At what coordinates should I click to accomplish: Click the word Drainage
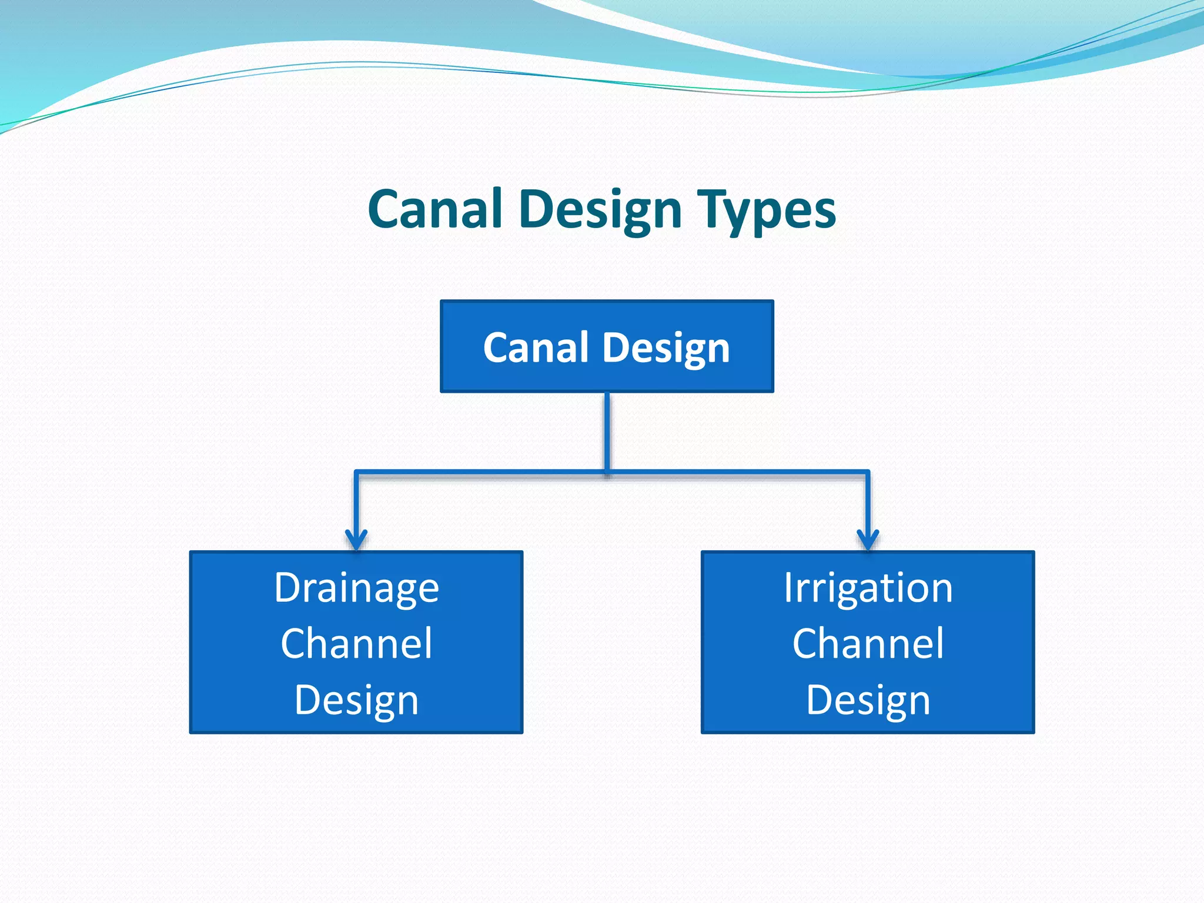[x=356, y=588]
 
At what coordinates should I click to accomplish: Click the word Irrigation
[x=868, y=588]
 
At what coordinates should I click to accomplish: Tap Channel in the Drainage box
[x=356, y=643]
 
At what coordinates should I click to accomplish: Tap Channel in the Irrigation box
[x=868, y=643]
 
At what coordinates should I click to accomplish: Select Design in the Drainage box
[x=356, y=700]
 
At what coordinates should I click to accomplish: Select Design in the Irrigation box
[x=868, y=700]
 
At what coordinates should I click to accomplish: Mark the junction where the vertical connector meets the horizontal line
[x=607, y=471]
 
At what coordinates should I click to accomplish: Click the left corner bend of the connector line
[x=356, y=472]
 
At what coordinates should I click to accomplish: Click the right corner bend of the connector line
[x=868, y=472]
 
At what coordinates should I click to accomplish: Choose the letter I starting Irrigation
[x=788, y=587]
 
